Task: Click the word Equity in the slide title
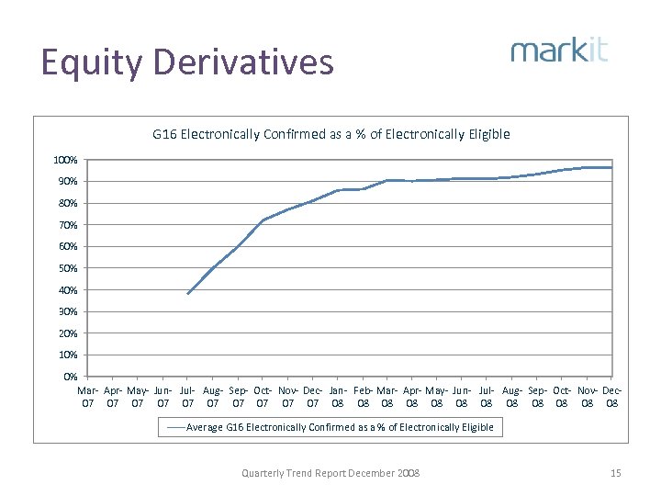point(91,63)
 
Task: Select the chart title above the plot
point(330,134)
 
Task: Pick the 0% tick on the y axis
point(70,377)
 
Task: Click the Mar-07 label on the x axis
point(88,396)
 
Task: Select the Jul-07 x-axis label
point(187,396)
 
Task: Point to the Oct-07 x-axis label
point(263,396)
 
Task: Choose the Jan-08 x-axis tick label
point(338,396)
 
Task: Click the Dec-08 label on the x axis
point(612,396)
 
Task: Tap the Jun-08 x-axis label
point(462,396)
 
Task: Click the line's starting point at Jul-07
point(187,294)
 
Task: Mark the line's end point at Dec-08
point(611,167)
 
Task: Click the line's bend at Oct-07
point(263,220)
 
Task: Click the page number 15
point(615,473)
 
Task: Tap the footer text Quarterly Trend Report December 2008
point(330,473)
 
